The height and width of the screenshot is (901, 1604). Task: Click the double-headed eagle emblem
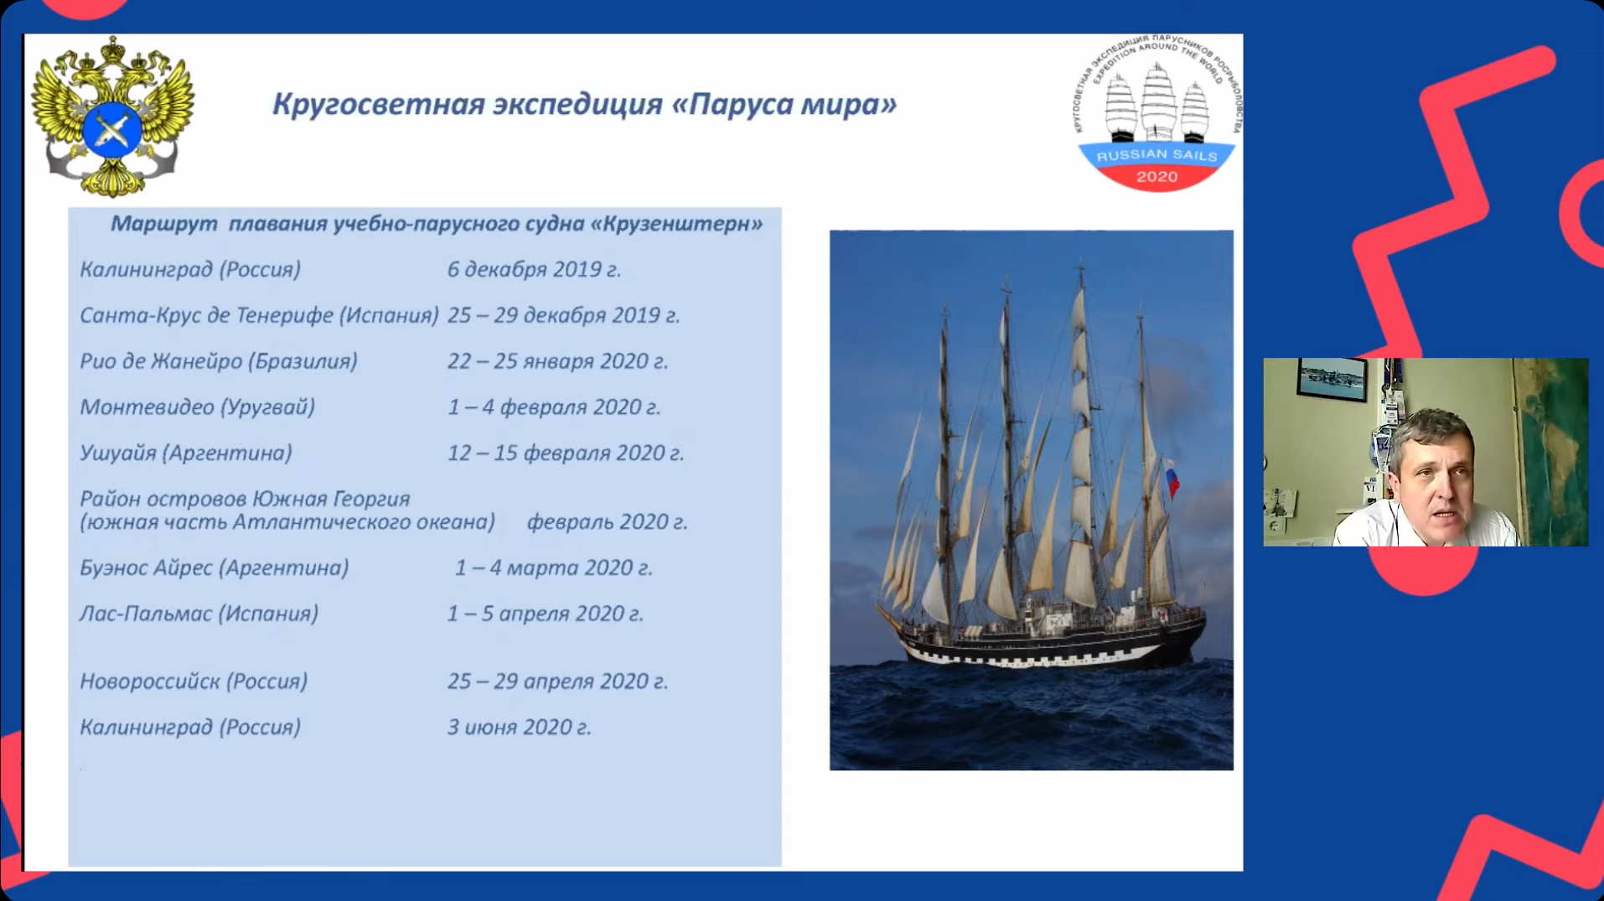click(112, 117)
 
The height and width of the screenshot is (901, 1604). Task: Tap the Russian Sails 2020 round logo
click(1156, 113)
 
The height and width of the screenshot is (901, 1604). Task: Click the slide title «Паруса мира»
click(784, 104)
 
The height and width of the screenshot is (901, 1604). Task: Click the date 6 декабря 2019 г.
click(534, 269)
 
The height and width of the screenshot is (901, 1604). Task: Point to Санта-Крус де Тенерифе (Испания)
click(259, 315)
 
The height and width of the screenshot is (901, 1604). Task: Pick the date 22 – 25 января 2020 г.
click(557, 361)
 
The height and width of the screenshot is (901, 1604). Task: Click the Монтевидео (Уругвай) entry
click(197, 407)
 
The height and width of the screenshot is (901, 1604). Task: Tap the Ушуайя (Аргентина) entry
click(185, 453)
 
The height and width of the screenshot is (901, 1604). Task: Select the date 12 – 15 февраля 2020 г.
click(566, 453)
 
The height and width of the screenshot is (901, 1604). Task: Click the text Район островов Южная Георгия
click(245, 499)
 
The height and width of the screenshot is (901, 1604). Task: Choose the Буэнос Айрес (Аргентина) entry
click(214, 568)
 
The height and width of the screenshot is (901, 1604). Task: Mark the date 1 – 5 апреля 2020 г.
click(545, 614)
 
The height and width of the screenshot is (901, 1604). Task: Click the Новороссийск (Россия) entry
click(194, 681)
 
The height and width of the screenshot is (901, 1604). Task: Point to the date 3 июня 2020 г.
click(519, 728)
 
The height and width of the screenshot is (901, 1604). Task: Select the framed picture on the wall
click(1331, 379)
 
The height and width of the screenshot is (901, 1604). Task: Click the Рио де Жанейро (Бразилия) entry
click(218, 361)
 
